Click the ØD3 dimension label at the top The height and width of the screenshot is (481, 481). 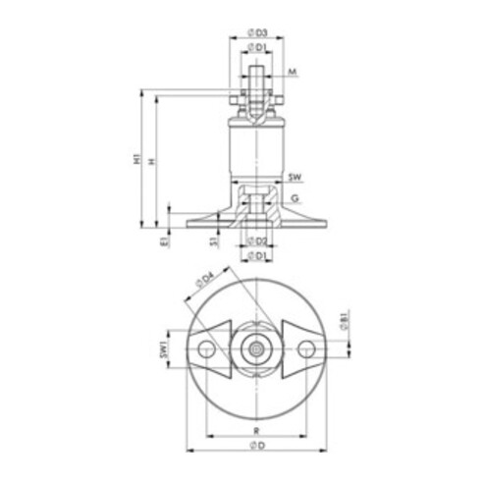click(x=258, y=31)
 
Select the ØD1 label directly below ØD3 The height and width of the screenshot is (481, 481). click(x=258, y=47)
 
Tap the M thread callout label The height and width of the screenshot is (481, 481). click(x=294, y=72)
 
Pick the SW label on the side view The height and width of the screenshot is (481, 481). click(x=295, y=178)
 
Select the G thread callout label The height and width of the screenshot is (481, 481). click(x=294, y=198)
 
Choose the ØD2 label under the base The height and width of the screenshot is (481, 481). click(x=258, y=240)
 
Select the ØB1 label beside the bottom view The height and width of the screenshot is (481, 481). click(x=343, y=318)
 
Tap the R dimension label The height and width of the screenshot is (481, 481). click(x=256, y=430)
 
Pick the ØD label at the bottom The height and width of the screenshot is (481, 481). click(x=256, y=448)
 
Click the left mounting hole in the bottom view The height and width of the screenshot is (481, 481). click(x=205, y=348)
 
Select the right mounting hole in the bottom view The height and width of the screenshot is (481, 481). click(x=308, y=348)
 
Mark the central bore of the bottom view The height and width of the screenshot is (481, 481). click(x=256, y=348)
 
